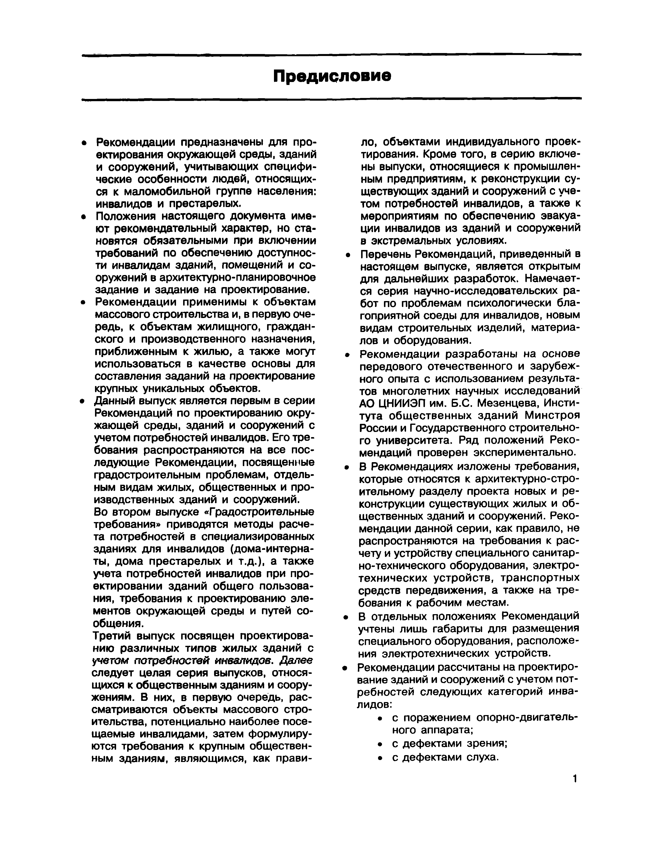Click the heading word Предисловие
(332, 76)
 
